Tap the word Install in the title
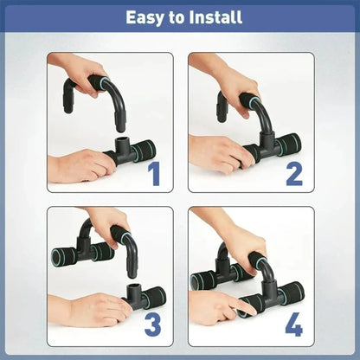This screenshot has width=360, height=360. [x=211, y=16]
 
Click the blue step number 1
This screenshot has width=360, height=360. [x=154, y=173]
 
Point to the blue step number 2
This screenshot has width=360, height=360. [x=294, y=173]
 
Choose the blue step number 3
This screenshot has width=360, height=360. [x=153, y=325]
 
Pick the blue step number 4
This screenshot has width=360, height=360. [x=294, y=325]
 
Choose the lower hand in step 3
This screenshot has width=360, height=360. [x=95, y=307]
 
